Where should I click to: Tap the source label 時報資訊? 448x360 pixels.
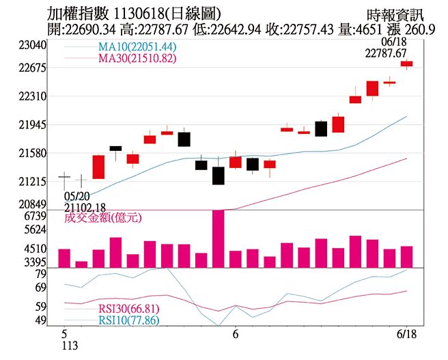(x=394, y=14)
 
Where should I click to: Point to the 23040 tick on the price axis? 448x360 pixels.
(x=32, y=44)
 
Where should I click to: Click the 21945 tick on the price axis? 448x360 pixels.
(x=32, y=125)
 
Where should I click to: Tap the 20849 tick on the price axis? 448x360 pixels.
(x=32, y=204)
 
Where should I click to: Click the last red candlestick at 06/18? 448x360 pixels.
(x=406, y=64)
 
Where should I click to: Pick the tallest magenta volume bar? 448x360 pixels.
(x=218, y=239)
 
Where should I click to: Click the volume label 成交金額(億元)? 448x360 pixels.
(x=102, y=219)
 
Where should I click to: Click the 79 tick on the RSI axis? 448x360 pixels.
(x=40, y=274)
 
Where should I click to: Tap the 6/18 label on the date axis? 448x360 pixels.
(x=407, y=335)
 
